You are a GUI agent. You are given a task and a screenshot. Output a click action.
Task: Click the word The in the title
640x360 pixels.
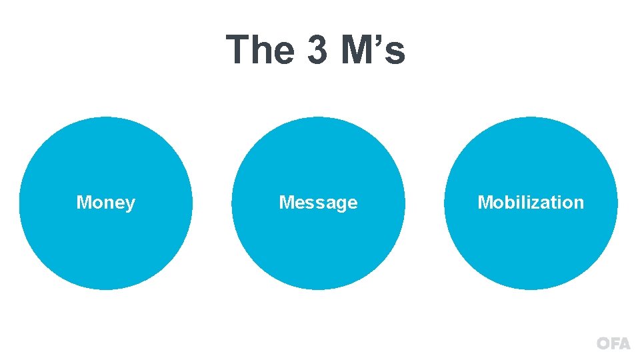coord(261,49)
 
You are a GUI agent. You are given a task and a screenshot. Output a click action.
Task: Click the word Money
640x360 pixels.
coord(105,203)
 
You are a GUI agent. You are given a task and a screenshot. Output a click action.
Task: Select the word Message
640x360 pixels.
coord(318,203)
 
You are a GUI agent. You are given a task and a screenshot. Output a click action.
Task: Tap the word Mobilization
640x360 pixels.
coord(531,203)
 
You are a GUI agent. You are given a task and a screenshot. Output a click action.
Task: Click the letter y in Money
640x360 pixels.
coord(131,205)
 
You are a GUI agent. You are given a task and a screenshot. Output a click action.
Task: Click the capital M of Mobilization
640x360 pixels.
coord(484,203)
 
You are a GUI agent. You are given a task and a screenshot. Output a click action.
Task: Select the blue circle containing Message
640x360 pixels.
coord(318,247)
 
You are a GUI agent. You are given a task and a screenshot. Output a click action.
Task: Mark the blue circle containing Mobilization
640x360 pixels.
coord(531,247)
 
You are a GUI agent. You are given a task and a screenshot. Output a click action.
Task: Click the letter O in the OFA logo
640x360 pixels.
coord(603,344)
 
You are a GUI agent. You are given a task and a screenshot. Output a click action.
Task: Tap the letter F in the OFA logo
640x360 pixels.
coord(614,344)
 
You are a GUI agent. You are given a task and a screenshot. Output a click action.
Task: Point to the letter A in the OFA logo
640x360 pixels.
coord(624,344)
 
